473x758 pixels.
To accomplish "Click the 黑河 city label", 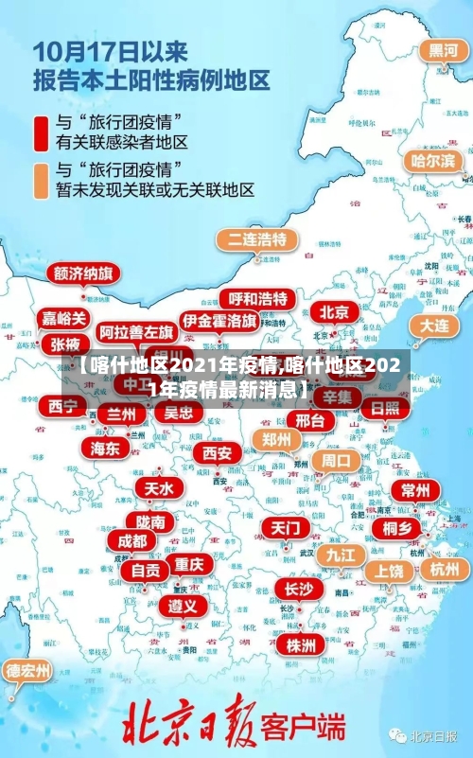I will pos(443,51).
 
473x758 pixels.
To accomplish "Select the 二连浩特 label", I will pos(256,238).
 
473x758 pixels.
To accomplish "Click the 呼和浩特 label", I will pos(257,299).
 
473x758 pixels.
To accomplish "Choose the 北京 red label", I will pos(333,311).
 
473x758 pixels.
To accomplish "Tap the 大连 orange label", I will pos(436,325).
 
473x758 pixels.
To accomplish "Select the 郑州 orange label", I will pos(276,439).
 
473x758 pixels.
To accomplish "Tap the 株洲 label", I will pos(301,619).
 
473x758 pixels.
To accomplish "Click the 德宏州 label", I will pos(28,671).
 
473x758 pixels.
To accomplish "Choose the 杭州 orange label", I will pos(444,569).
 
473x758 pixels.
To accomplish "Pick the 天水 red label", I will pos(158,488).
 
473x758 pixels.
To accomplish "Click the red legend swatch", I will pos(41,133).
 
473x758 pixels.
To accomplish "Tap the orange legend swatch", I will pos(41,180).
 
